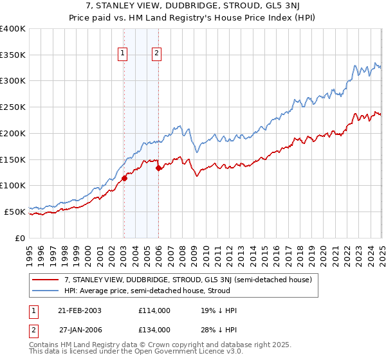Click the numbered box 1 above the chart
click(x=122, y=54)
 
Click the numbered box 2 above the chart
click(x=156, y=54)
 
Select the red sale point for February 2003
click(x=124, y=179)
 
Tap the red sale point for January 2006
click(x=158, y=168)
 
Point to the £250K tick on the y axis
click(x=13, y=107)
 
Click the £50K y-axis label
click(x=15, y=211)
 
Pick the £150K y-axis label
click(x=13, y=159)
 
